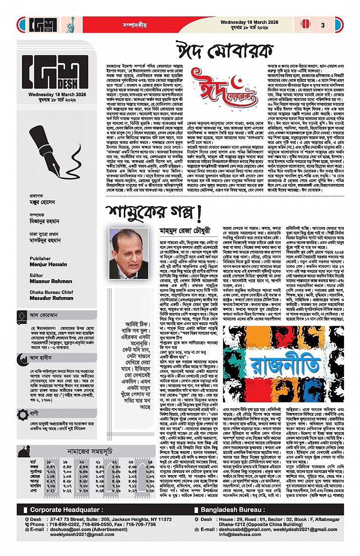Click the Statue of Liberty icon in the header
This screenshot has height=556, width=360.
tap(58, 24)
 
